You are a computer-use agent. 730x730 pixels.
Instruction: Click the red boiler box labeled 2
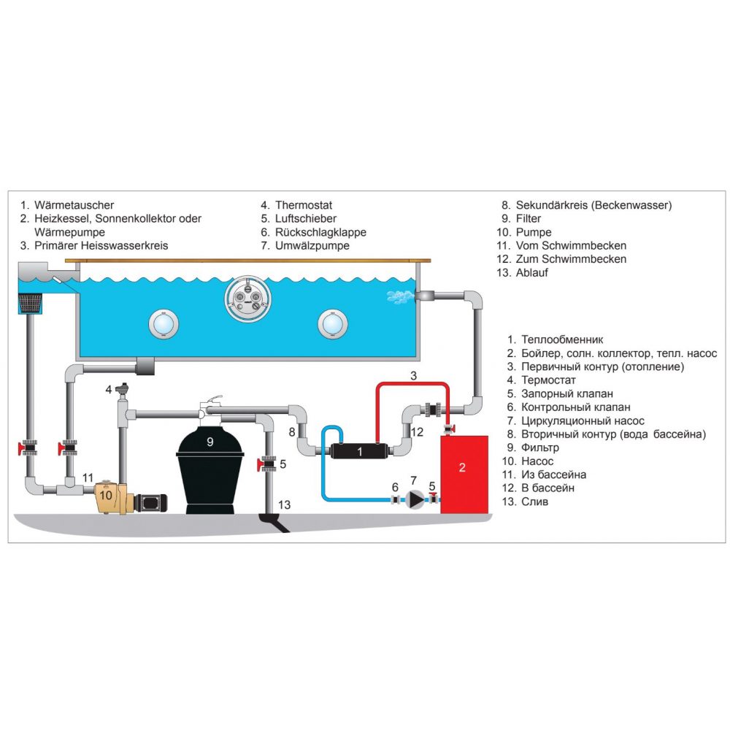click(464, 474)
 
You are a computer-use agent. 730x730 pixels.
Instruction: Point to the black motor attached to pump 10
click(153, 502)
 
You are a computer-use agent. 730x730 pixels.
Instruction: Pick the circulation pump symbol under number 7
click(415, 500)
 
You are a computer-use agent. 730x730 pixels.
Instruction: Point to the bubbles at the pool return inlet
click(399, 294)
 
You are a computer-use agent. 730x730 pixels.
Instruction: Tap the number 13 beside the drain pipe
click(284, 504)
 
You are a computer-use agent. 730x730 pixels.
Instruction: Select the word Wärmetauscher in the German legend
click(74, 205)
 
